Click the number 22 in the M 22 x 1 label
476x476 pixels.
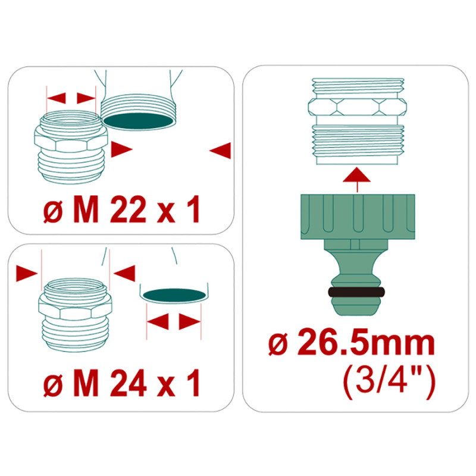point(128,209)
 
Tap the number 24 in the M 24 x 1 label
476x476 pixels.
point(128,383)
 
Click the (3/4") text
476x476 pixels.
point(390,384)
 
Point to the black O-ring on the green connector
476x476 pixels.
point(356,292)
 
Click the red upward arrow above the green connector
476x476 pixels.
point(356,180)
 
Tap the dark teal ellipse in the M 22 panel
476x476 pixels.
point(139,121)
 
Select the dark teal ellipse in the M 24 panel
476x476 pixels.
point(174,295)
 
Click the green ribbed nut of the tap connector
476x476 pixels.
point(358,217)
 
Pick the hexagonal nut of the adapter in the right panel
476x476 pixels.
point(358,107)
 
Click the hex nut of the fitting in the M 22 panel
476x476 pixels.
point(71,140)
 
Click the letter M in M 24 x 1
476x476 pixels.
point(86,383)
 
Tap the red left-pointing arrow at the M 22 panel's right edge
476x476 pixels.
point(220,150)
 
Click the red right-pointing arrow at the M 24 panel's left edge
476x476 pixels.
point(27,273)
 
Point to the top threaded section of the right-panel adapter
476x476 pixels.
point(358,88)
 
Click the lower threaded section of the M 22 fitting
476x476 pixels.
point(71,167)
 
